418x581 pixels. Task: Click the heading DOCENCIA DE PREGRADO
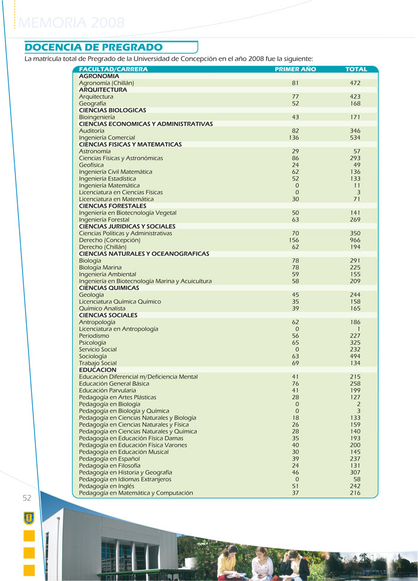coord(94,47)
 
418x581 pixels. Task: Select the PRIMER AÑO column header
coord(295,69)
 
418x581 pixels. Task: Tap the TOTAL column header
coord(356,69)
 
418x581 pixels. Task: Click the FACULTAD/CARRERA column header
coord(113,69)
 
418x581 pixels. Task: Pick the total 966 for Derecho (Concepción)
coord(355,240)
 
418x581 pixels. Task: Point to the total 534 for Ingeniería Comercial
coord(355,137)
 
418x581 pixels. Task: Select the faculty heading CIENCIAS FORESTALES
coord(112,206)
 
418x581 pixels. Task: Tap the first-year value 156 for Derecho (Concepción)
coord(294,240)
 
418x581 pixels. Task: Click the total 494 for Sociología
coord(355,356)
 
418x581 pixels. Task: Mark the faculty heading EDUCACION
coord(97,370)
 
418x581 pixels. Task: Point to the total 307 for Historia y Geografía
coord(355,472)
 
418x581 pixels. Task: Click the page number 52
coord(27,498)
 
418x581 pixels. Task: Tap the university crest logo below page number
coord(29,517)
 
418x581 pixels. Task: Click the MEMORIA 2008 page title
coord(72,23)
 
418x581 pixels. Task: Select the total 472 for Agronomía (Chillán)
coord(355,83)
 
